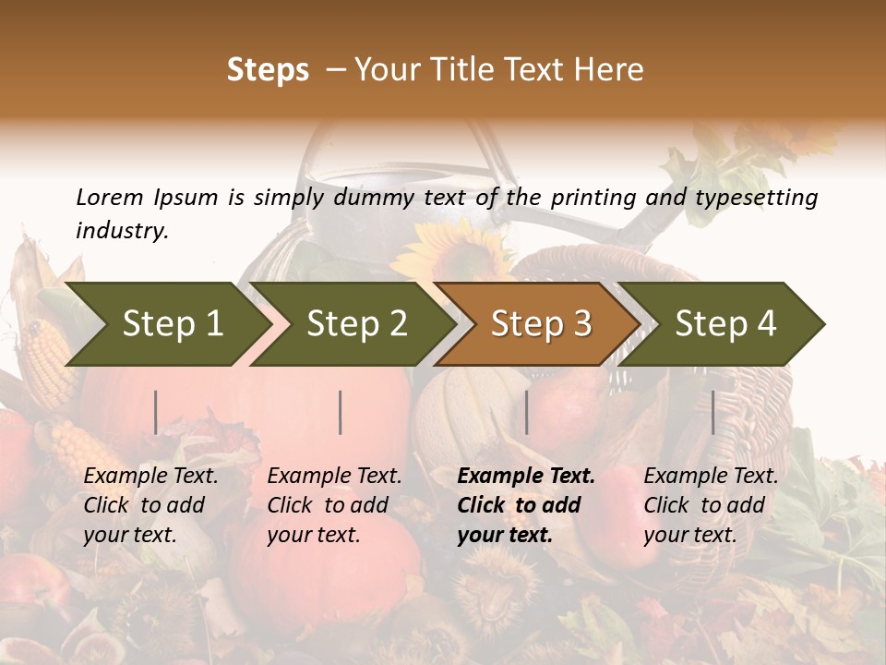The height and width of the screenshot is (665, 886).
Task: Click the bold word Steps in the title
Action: coord(268,70)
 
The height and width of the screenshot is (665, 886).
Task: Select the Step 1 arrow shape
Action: coord(172,323)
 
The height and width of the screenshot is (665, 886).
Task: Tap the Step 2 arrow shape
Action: coord(356,323)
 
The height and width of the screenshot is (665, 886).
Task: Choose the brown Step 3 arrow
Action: coord(541,323)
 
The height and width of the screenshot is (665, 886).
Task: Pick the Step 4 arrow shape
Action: coord(725,323)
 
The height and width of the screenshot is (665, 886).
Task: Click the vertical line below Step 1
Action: coord(156,412)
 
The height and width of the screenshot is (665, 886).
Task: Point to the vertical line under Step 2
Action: coord(341,412)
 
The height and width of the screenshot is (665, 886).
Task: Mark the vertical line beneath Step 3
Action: coord(526,412)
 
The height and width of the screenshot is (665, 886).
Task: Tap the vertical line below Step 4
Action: coord(712,412)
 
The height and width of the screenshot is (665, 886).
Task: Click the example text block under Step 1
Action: coord(150,505)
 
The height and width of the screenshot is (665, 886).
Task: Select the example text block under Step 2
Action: coord(334,505)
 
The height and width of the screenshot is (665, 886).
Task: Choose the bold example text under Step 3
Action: coord(526,505)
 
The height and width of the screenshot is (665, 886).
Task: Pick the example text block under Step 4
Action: coord(711,505)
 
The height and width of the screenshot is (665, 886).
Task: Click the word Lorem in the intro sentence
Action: coord(110,197)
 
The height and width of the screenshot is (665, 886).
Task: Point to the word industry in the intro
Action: coord(120,231)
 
